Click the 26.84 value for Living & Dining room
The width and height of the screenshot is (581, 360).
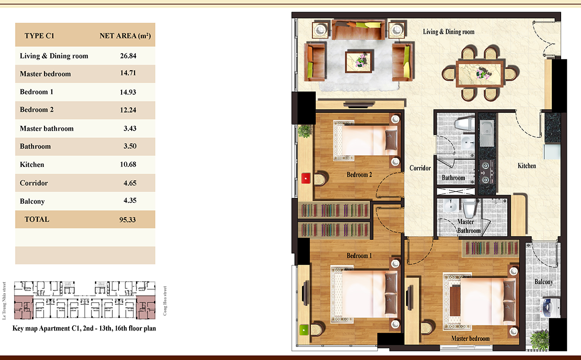[128, 56]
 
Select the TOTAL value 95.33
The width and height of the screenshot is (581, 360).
[128, 220]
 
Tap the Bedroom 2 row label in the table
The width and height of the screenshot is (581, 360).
[37, 110]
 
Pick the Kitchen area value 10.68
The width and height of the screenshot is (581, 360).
[128, 165]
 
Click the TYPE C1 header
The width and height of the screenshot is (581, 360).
[39, 35]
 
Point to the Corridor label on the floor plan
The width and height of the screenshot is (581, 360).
[420, 168]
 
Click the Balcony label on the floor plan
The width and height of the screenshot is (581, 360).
[544, 282]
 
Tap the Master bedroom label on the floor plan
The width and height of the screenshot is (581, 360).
[471, 339]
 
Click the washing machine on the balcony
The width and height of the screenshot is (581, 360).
[550, 308]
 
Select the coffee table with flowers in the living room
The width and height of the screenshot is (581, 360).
[359, 61]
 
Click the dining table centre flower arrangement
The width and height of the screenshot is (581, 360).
[481, 74]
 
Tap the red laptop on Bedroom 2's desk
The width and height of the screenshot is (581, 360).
[306, 179]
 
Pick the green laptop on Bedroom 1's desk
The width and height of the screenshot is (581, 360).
[304, 330]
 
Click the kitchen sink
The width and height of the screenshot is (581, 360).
[487, 134]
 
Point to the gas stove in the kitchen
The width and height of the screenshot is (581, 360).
[487, 172]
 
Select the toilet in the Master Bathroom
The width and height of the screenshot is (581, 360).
[469, 208]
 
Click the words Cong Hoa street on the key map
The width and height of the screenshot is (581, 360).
[165, 301]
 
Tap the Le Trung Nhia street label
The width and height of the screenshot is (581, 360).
[4, 300]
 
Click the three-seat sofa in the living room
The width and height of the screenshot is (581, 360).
[358, 30]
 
